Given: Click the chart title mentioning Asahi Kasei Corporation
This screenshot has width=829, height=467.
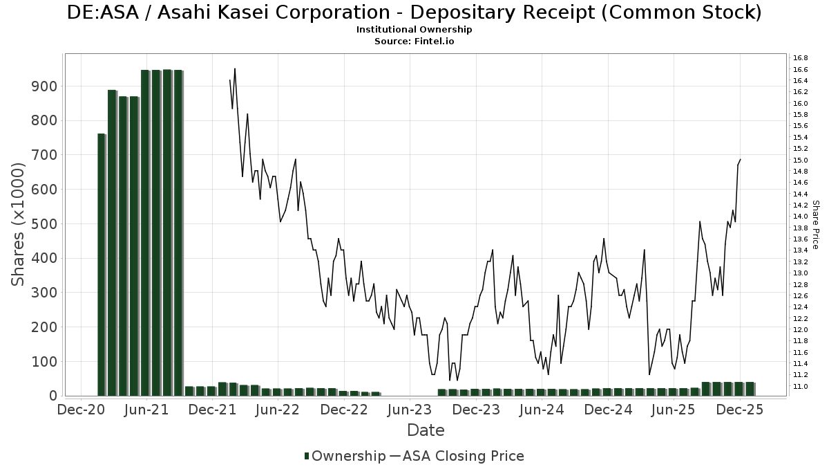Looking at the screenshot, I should [x=414, y=12].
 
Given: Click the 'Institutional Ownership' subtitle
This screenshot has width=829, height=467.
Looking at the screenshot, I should [x=414, y=30].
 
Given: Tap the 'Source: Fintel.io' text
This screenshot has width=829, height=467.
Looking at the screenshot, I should [x=414, y=42].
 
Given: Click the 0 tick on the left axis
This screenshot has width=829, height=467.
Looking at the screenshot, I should [x=53, y=396].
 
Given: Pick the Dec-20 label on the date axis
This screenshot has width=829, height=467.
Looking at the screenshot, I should [x=81, y=410].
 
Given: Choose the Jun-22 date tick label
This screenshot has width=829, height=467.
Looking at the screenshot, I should [x=276, y=410].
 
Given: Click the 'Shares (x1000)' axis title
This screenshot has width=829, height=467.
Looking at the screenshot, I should [x=19, y=224].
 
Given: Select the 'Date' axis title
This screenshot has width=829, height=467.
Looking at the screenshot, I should [x=426, y=430].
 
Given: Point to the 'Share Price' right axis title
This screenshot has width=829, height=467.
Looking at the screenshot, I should [x=815, y=224].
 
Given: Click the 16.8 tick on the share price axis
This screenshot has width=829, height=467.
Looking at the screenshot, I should [x=801, y=58].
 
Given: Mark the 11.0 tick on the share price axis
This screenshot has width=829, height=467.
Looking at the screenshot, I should [x=801, y=386].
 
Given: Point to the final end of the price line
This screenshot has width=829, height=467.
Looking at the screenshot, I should [x=740, y=160].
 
